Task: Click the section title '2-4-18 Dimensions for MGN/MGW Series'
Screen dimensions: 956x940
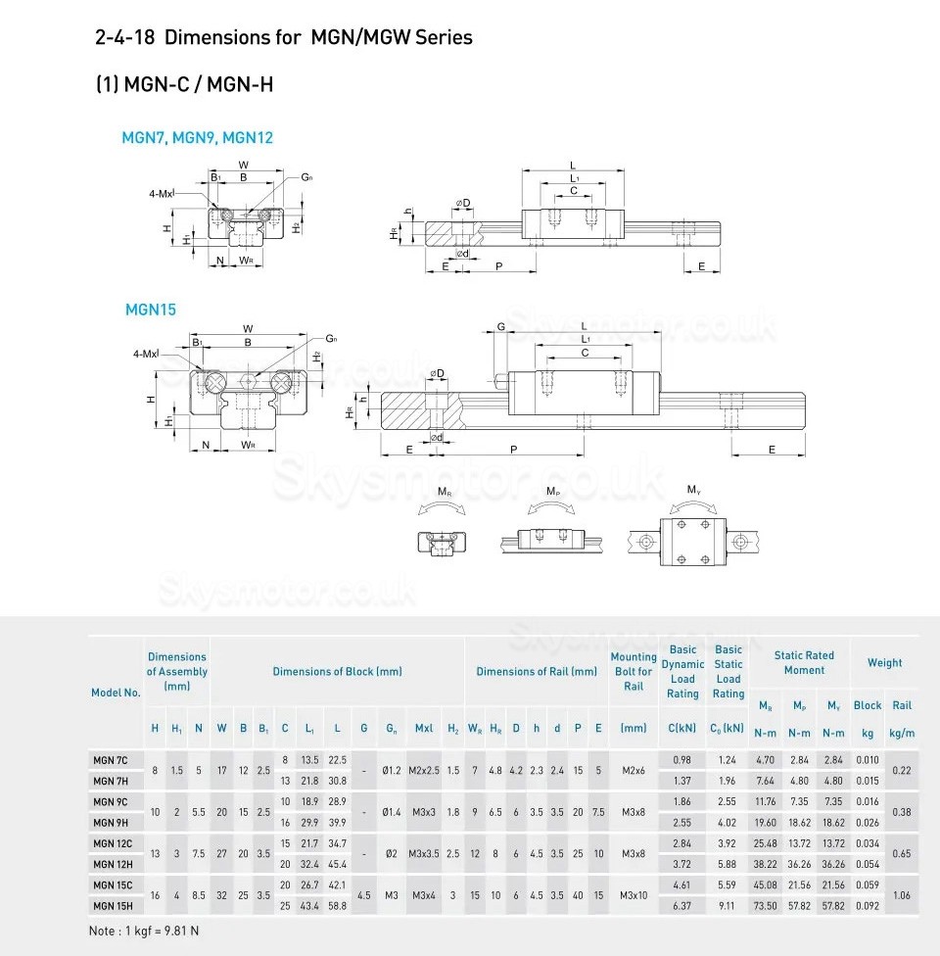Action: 283,37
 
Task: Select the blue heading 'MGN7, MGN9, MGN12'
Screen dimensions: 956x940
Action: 197,138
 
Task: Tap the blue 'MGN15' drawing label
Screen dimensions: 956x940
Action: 150,310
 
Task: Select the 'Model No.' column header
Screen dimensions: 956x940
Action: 116,693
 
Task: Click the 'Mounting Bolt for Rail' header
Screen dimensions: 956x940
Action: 634,671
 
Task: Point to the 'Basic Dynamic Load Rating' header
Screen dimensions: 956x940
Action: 682,671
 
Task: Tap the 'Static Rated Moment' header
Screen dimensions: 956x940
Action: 803,662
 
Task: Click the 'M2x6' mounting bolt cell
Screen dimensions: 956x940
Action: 634,771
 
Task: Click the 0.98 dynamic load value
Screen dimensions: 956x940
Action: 682,760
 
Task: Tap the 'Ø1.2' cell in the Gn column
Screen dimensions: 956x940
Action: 390,771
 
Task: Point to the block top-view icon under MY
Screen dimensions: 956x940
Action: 693,540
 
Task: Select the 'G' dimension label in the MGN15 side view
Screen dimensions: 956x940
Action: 501,326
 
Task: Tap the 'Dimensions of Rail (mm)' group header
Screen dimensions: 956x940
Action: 536,671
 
